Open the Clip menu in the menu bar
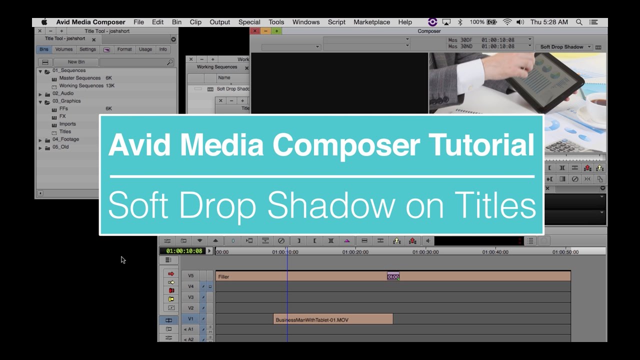tap(195, 22)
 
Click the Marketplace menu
tap(371, 22)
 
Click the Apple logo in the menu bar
tap(44, 22)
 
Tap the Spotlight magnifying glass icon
tap(579, 22)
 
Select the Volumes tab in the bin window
tap(64, 49)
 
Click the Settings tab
tap(87, 49)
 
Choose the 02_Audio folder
tap(63, 93)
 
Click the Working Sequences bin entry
tap(81, 86)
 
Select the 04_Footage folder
tap(65, 139)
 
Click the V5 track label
tap(190, 276)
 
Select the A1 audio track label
tap(190, 329)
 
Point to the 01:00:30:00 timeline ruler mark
tap(425, 252)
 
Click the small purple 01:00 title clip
tap(393, 276)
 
